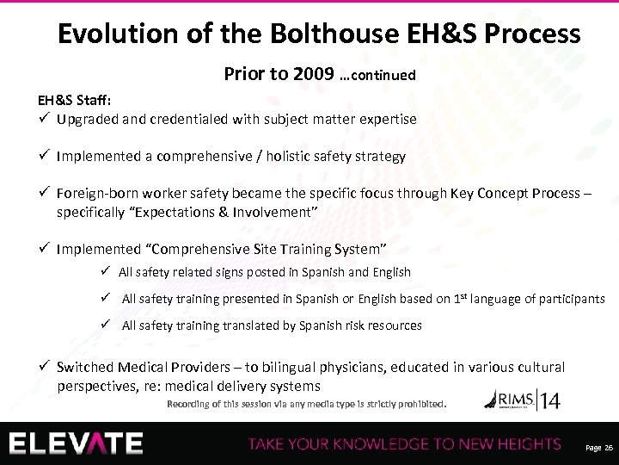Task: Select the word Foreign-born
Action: tap(96, 193)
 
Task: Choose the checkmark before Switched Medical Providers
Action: tap(45, 367)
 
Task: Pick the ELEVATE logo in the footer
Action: tap(77, 442)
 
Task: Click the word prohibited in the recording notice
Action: tap(416, 402)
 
